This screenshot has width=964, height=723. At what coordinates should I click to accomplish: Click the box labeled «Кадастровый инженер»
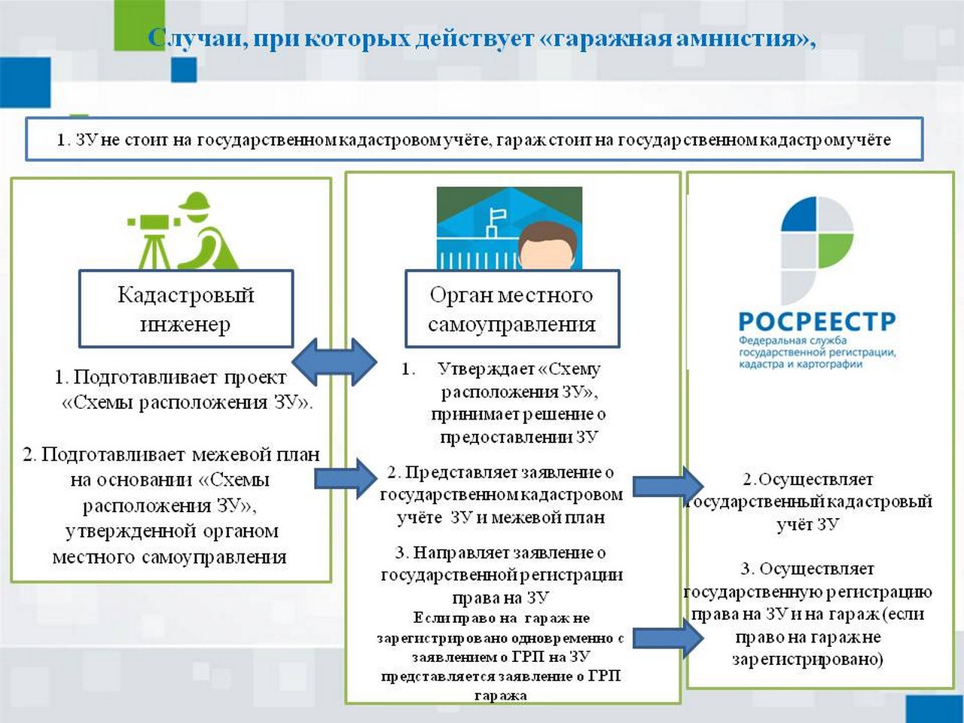[x=186, y=309]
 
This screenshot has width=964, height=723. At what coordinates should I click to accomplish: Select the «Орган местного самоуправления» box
[x=511, y=309]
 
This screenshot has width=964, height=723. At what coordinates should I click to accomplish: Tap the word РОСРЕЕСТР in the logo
[x=816, y=322]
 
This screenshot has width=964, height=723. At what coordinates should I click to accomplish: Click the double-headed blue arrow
[x=334, y=361]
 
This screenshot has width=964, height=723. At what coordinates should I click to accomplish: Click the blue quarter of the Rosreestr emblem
[x=799, y=214]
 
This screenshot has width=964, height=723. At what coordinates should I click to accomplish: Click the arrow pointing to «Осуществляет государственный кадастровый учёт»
[x=667, y=486]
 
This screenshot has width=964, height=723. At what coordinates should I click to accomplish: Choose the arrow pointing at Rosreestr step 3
[x=667, y=638]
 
